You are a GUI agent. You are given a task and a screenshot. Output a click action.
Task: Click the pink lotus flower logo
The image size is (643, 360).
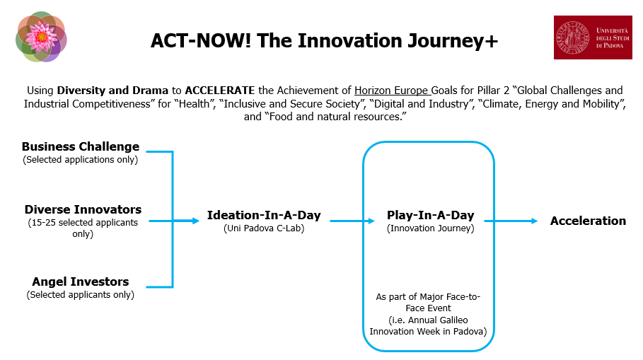pos(41,37)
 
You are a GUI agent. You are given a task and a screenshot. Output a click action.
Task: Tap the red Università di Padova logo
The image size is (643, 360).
pos(593,37)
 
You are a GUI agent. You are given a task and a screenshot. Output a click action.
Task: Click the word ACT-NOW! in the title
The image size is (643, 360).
pos(200,40)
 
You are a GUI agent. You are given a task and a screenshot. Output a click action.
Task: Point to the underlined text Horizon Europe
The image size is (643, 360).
pos(390,91)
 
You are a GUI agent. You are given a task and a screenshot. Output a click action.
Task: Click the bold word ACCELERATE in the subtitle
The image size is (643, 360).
pos(220,91)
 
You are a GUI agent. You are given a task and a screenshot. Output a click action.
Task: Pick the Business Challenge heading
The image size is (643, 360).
pos(81,146)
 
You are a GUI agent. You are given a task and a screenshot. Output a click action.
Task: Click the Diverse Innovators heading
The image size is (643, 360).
pos(83,209)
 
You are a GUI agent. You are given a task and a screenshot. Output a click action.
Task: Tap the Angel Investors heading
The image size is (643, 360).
pos(81,281)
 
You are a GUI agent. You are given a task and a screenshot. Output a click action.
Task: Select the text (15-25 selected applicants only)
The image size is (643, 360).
pos(83,228)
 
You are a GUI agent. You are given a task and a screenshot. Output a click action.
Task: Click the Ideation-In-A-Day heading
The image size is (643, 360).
pos(264,215)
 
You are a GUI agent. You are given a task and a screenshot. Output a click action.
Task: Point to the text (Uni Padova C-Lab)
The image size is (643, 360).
pos(264,228)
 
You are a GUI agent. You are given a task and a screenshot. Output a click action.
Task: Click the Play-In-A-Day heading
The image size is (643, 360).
pos(431,215)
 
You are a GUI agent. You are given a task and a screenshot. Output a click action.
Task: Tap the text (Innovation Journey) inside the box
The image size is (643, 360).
pos(431,228)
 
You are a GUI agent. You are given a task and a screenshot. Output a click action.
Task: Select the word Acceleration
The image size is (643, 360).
pos(588,221)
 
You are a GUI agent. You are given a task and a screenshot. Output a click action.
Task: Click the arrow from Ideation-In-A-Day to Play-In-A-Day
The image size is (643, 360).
pos(352,221)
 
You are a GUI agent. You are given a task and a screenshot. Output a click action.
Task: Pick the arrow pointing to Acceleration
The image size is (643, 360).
pos(511,221)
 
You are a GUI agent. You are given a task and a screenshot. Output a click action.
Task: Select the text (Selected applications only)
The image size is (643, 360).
pos(81,160)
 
